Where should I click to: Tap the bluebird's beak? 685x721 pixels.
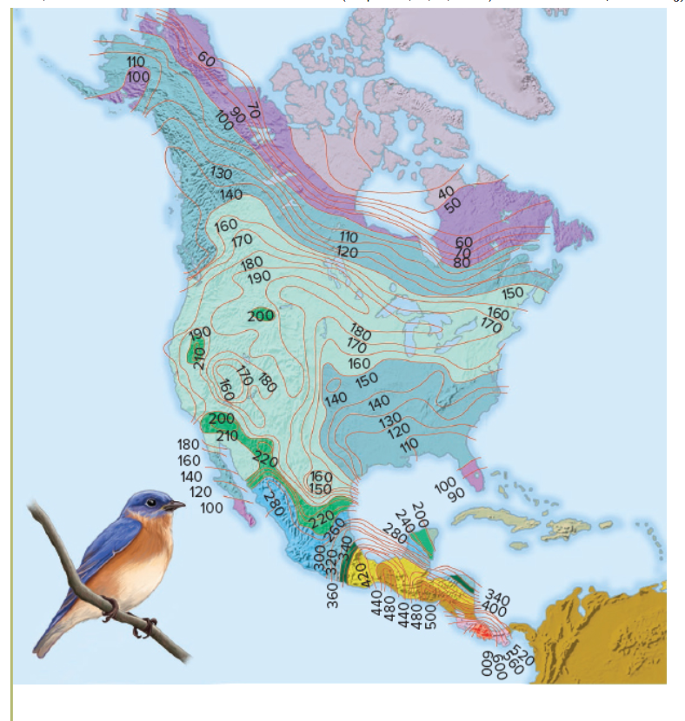[x=176, y=505]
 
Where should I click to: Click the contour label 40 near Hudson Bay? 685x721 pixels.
[x=446, y=192]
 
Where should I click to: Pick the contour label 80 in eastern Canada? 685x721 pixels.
[x=462, y=262]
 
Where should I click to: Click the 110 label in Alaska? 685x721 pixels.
[x=135, y=62]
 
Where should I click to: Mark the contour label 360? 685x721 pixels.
[x=333, y=594]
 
